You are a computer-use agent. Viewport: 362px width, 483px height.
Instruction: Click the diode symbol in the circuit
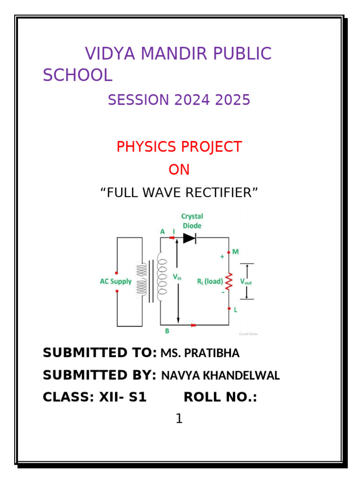tap(189, 238)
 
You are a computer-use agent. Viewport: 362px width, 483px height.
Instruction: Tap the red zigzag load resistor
tap(229, 281)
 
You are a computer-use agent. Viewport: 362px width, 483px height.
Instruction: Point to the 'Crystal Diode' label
tap(192, 221)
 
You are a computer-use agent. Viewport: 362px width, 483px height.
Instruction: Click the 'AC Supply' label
tap(116, 282)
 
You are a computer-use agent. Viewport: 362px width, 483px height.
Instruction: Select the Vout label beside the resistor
tap(247, 281)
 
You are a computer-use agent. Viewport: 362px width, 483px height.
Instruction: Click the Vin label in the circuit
tap(177, 277)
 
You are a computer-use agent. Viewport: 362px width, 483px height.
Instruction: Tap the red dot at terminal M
tap(229, 252)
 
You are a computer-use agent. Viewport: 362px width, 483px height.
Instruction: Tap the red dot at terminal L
tap(229, 309)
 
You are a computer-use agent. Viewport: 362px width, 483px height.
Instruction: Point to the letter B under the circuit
tap(167, 332)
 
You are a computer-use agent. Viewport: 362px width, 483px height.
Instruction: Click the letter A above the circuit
tap(163, 232)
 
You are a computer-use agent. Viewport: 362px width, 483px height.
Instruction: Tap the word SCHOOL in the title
tap(77, 75)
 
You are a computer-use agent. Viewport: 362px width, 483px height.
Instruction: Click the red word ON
tap(179, 170)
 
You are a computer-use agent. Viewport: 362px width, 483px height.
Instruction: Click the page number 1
tap(179, 418)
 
